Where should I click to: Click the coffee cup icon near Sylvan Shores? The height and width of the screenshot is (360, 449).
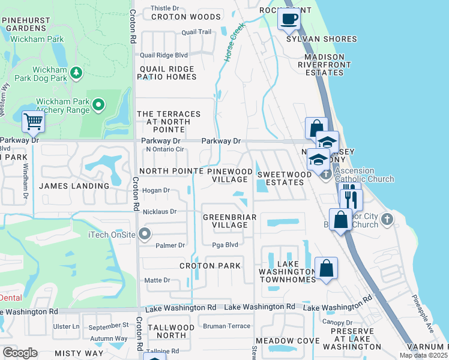click(x=289, y=19)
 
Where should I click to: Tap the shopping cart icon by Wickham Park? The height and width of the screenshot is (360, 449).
click(x=33, y=122)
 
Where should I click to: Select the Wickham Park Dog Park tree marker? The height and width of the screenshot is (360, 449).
click(x=76, y=73)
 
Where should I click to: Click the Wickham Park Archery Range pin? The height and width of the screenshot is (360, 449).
click(x=99, y=106)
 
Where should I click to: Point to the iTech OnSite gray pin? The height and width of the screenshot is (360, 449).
click(x=144, y=234)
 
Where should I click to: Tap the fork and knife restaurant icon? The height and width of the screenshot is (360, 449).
click(x=351, y=199)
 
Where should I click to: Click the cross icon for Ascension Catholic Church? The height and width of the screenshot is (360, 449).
click(x=326, y=175)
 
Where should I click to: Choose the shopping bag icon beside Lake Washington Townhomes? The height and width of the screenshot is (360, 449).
click(x=326, y=269)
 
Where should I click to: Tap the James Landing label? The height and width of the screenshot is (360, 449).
click(x=74, y=186)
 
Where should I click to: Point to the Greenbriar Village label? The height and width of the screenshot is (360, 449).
click(x=230, y=221)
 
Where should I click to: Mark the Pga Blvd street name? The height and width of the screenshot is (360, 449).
click(x=226, y=245)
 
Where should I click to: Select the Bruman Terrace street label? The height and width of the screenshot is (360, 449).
click(x=226, y=326)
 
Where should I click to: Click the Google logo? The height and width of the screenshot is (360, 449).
click(x=20, y=353)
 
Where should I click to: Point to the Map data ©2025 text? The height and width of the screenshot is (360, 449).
click(x=423, y=355)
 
